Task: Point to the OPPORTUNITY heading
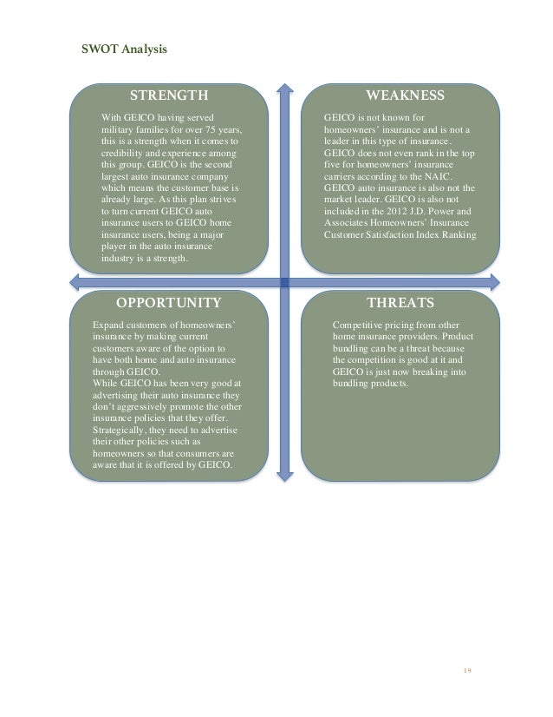[x=168, y=303]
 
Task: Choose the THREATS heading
[x=400, y=303]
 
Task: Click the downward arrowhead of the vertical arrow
[x=283, y=474]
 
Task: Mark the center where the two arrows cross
[x=283, y=280]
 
